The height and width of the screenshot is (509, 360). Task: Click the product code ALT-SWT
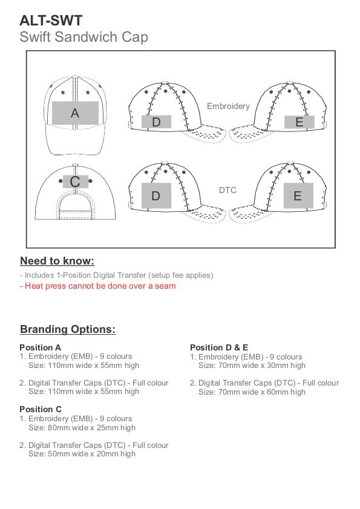(x=51, y=21)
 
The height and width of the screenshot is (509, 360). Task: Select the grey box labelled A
(x=75, y=113)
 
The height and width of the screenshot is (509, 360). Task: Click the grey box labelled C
(x=75, y=182)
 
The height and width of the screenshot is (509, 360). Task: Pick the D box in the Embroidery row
(x=156, y=122)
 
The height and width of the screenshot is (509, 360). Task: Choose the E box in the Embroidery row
(x=299, y=122)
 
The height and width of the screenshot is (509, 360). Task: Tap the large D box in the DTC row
(x=156, y=195)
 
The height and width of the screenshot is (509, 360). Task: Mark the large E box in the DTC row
(x=298, y=195)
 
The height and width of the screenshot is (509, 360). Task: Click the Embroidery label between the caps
(x=228, y=107)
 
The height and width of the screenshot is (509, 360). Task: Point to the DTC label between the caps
(x=227, y=190)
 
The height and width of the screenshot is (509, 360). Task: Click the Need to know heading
(x=57, y=261)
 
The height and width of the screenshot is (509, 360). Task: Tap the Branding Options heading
(x=68, y=329)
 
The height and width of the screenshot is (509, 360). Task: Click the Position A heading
(x=41, y=347)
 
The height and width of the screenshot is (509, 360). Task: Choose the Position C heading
(x=41, y=409)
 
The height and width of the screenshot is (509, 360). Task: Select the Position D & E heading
(x=219, y=347)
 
